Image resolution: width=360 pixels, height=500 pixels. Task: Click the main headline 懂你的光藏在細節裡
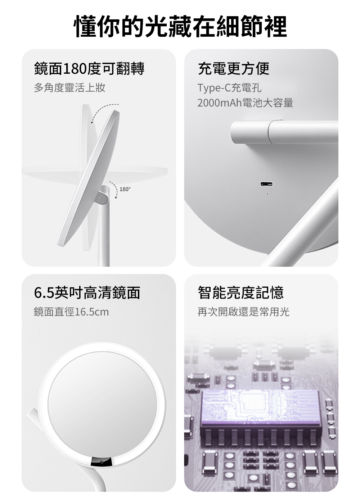180,27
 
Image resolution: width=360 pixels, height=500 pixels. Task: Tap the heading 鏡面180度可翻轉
89,69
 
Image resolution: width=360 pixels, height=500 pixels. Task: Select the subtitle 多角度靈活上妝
69,87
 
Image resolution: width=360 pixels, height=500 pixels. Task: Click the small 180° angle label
125,189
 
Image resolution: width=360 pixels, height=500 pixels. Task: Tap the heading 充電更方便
234,69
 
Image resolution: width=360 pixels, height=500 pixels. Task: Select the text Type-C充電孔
229,87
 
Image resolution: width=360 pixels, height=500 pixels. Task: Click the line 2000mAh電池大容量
245,103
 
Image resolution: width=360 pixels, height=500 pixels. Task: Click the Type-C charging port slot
267,184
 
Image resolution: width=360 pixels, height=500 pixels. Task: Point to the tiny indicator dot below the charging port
267,194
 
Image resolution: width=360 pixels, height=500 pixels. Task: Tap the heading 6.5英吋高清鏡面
87,293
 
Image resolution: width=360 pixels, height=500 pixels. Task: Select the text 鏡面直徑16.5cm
71,312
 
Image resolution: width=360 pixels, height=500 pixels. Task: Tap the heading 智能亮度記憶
241,293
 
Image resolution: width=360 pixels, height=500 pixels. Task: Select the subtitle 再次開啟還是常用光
243,312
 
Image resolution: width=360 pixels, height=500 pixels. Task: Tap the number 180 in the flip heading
75,69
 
